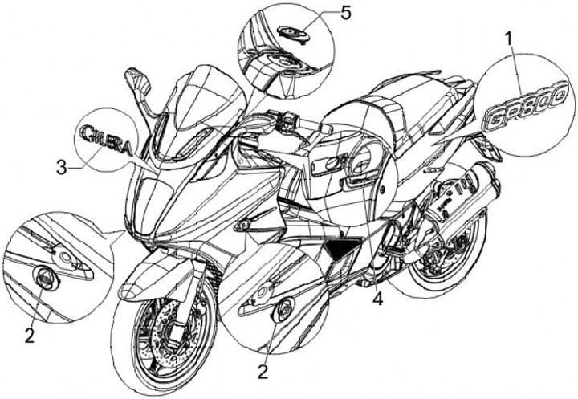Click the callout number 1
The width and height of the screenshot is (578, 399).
pyautogui.click(x=509, y=37)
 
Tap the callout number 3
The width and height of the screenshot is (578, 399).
pyautogui.click(x=61, y=167)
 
